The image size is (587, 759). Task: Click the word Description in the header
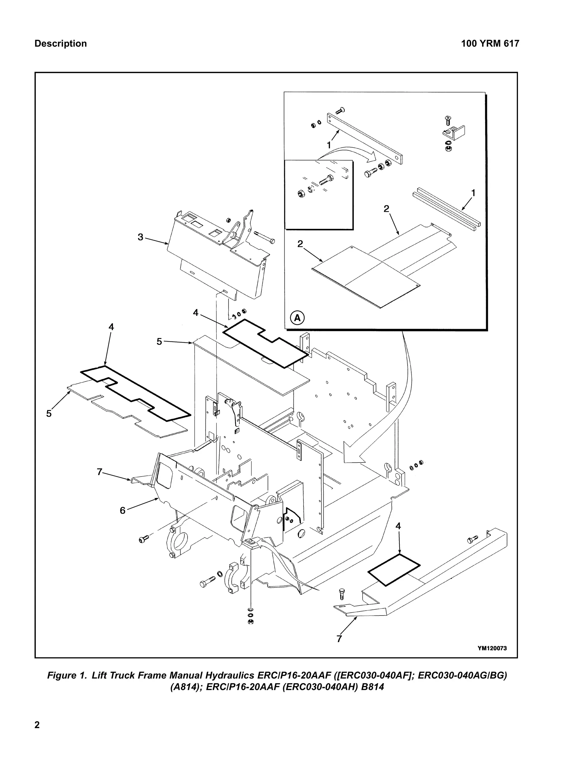pyautogui.click(x=60, y=44)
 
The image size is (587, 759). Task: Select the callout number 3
pyautogui.click(x=140, y=237)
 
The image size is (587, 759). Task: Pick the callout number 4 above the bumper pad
pyautogui.click(x=398, y=536)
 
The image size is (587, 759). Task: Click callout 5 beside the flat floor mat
pyautogui.click(x=49, y=413)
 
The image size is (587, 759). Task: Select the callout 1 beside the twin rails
pyautogui.click(x=473, y=192)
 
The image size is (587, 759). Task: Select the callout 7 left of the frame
pyautogui.click(x=99, y=472)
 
